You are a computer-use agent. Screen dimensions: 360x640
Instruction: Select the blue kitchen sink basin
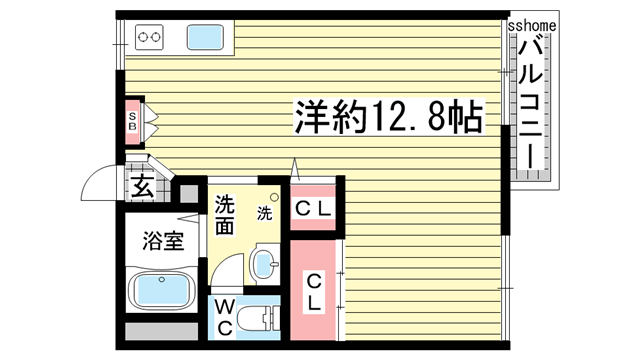pyautogui.click(x=206, y=39)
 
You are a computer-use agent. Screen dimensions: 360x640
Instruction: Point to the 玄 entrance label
pyautogui.click(x=142, y=186)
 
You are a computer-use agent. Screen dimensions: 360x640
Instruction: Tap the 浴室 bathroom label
pyautogui.click(x=163, y=242)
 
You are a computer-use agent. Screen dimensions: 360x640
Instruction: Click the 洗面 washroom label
pyautogui.click(x=225, y=213)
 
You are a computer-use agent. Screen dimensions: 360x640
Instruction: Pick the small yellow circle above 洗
pyautogui.click(x=272, y=197)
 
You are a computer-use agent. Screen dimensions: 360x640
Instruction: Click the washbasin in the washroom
pyautogui.click(x=263, y=264)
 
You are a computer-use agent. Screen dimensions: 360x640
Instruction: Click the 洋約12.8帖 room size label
pyautogui.click(x=388, y=117)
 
